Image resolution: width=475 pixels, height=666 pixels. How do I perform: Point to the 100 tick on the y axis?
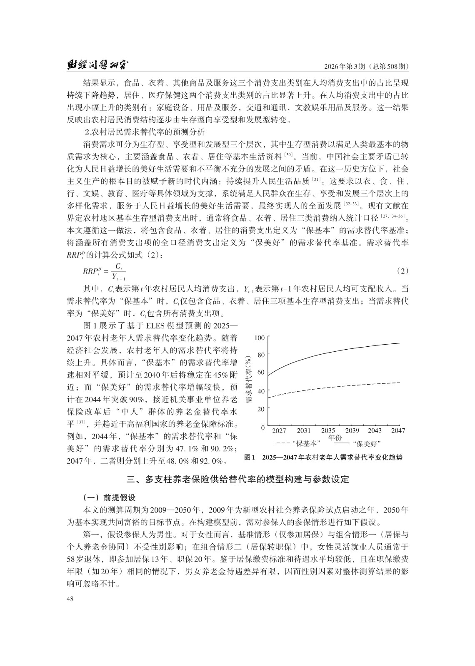pos(259,338)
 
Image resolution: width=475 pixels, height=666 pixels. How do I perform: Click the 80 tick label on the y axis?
pos(261,355)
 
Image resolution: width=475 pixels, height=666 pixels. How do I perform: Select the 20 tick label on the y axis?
pos(261,409)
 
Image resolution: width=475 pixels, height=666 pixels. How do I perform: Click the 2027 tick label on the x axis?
pos(279,431)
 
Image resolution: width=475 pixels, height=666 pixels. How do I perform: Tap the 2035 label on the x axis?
pos(328,431)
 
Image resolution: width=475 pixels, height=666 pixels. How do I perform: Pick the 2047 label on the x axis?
pos(398,431)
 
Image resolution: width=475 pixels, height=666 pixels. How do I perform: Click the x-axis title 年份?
pos(335,437)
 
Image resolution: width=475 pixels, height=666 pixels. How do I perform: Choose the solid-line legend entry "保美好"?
pos(359,443)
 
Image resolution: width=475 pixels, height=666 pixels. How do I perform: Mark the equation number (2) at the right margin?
pos(402,271)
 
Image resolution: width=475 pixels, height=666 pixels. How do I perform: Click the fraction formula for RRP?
pos(105,271)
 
